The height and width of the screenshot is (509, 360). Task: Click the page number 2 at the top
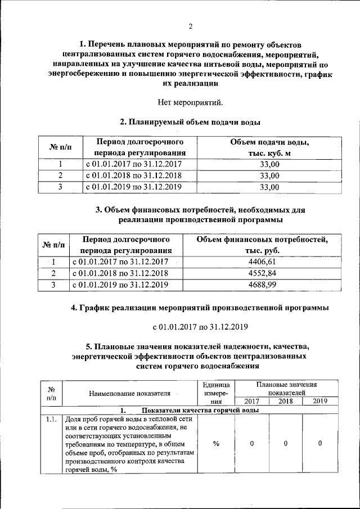190,26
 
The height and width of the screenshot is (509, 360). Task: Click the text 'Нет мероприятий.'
190,102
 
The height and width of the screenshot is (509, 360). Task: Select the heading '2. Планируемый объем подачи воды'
190,121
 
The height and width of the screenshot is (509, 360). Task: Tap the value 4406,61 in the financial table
262,262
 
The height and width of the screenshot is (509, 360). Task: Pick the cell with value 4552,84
262,273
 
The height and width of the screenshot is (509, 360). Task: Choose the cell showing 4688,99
262,285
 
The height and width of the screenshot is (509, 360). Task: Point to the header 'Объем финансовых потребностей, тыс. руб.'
262,245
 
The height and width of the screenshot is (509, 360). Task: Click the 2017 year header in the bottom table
251,401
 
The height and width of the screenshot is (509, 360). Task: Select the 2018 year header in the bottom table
285,401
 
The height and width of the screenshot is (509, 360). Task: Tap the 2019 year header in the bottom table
319,401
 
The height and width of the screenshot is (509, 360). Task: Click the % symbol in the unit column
216,444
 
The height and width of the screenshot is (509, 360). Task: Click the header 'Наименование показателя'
129,393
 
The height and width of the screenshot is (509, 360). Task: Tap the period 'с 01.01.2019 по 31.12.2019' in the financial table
120,285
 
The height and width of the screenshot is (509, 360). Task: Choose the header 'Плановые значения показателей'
286,389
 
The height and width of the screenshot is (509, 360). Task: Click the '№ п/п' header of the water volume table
61,147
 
